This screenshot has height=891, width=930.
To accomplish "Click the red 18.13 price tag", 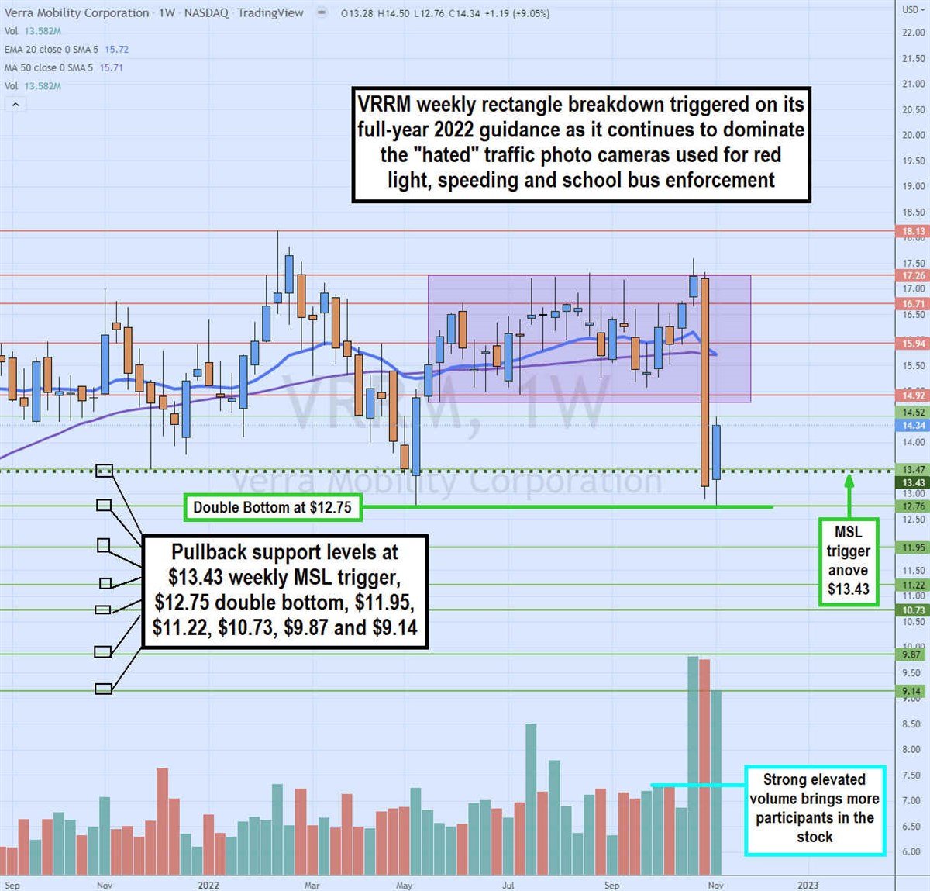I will point(914,231).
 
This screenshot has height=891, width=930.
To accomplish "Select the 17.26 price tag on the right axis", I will point(914,275).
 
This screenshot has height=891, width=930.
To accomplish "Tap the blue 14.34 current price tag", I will point(914,425).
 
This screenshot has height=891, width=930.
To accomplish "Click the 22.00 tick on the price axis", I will point(914,33).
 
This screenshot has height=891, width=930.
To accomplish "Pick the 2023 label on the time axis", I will point(808,885).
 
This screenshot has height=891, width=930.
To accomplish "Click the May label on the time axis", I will point(404,885).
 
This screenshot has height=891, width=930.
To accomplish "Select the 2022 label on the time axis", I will point(208,885).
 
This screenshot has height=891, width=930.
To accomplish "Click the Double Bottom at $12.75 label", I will point(272,508).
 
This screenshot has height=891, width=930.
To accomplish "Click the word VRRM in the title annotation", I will point(384,105).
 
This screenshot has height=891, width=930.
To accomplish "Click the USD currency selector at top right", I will point(911,10).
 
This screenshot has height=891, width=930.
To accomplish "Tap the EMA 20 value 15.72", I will point(116,49).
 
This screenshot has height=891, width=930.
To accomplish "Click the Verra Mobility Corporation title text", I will point(76,12).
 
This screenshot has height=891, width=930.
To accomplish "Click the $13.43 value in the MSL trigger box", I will point(849,589).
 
